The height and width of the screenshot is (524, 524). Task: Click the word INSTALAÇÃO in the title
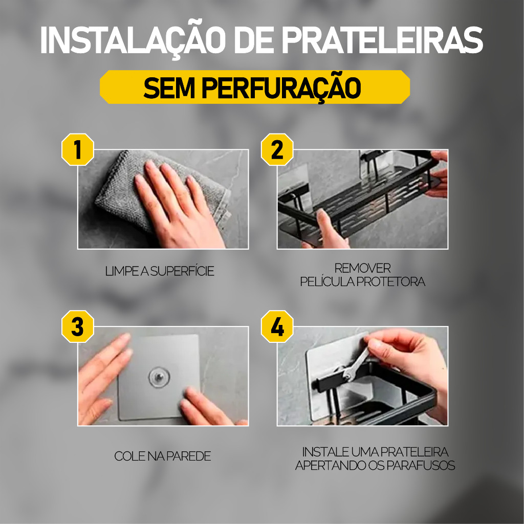133,40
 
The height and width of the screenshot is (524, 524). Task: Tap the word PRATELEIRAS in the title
383,40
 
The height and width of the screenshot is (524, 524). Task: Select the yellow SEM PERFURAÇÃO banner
255,87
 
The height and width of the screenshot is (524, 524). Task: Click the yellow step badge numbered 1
78,149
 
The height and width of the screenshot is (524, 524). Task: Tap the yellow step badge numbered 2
277,149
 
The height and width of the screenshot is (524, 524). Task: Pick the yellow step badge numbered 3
78,326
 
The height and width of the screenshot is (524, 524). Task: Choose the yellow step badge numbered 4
277,326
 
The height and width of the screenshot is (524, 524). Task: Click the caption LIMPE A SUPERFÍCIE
160,271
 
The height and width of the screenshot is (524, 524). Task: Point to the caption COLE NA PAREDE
163,456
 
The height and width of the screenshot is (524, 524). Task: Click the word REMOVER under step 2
363,268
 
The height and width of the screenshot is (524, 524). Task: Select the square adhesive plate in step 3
159,377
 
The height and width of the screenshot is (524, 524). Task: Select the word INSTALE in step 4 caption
325,452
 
